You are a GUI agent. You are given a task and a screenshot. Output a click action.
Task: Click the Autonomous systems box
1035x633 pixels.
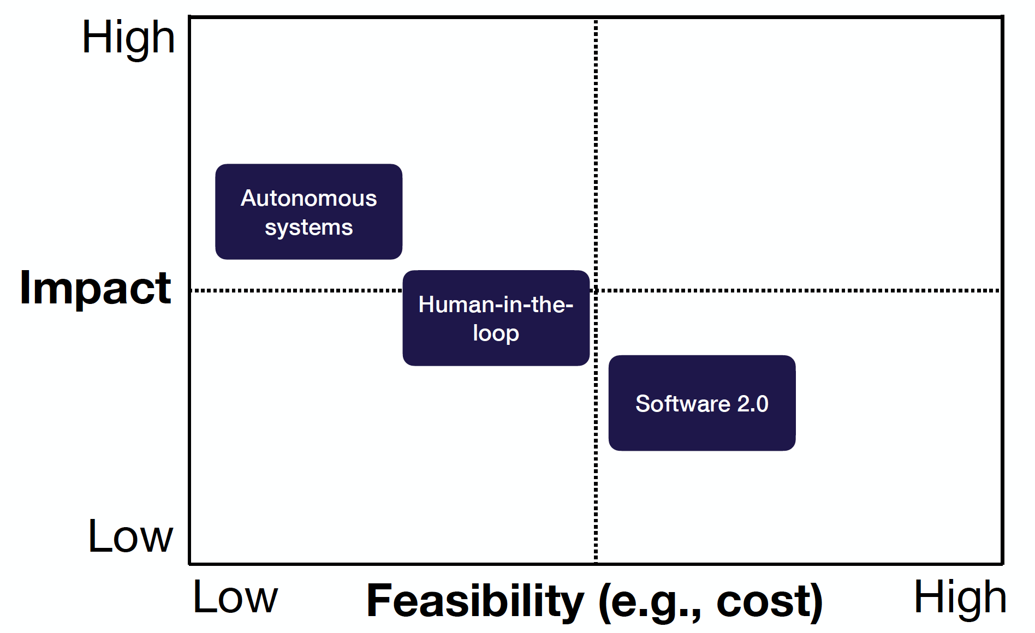click(308, 211)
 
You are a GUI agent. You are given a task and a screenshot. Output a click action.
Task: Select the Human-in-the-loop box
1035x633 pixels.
click(496, 318)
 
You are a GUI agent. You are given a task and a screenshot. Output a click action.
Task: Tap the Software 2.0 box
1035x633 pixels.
click(701, 403)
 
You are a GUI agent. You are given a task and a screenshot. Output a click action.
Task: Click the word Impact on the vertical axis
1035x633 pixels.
click(96, 288)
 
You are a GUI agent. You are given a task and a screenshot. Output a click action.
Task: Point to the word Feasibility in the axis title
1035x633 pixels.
click(475, 601)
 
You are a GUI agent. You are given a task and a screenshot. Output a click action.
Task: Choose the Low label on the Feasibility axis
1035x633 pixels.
click(235, 598)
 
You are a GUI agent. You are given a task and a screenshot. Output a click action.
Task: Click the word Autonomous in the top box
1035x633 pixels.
click(308, 198)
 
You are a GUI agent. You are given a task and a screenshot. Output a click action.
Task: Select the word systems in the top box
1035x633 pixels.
click(308, 227)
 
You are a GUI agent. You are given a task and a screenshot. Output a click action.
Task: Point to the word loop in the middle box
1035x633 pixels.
click(496, 333)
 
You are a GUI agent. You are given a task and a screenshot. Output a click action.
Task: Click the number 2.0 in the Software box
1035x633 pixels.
click(753, 404)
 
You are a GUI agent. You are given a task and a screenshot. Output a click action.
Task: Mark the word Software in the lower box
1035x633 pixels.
click(682, 404)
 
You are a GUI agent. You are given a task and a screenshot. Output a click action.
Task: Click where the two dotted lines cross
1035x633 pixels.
click(596, 290)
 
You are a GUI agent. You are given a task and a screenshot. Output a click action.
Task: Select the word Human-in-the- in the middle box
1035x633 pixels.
click(496, 304)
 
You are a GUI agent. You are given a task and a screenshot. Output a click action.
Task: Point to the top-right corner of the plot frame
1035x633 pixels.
click(1002, 17)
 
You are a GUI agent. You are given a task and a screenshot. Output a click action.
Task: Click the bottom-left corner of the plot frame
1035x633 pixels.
click(190, 563)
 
